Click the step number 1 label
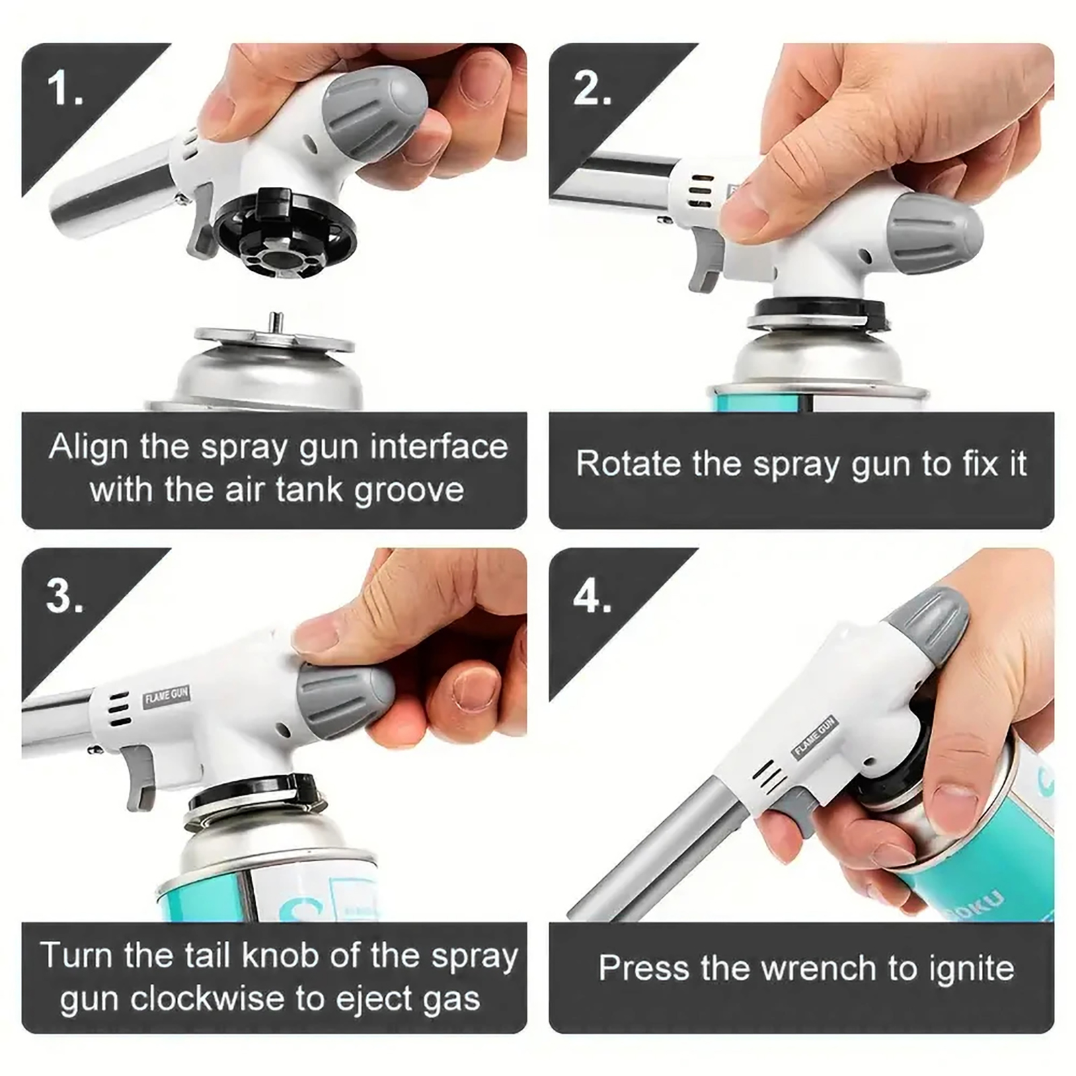click(x=65, y=88)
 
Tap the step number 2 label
click(x=592, y=88)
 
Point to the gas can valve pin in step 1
click(x=274, y=322)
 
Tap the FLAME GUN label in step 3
click(x=167, y=695)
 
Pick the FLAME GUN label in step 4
click(x=814, y=737)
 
